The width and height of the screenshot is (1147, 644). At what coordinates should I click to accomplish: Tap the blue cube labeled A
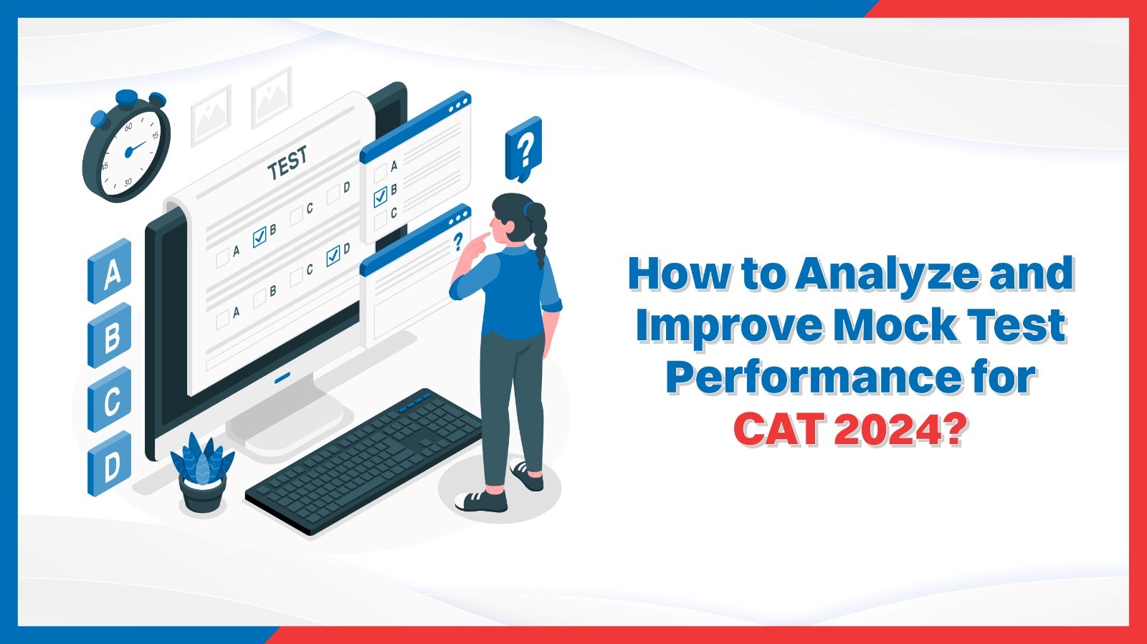coord(110,271)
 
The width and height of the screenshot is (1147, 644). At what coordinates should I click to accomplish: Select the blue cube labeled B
coord(110,335)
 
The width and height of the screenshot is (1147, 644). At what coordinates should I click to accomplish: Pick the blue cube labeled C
coord(110,400)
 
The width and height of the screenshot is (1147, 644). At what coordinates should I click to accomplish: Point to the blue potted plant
coord(202,469)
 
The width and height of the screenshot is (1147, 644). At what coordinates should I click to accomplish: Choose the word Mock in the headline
coord(895,327)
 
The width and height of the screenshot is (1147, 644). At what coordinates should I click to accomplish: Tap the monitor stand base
coord(287,430)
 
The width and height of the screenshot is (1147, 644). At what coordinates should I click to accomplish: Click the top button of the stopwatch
coord(127,97)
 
